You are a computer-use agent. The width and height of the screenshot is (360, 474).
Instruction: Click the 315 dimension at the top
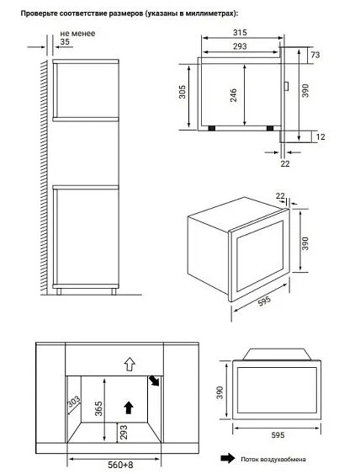click(240, 32)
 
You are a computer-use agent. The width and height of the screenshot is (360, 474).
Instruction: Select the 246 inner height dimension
click(234, 95)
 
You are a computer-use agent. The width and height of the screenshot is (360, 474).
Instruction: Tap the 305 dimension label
click(183, 92)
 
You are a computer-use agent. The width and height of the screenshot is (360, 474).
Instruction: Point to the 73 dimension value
click(315, 55)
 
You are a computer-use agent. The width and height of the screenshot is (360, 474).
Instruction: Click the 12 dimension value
click(320, 137)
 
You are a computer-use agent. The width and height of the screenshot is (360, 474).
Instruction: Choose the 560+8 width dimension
click(120, 465)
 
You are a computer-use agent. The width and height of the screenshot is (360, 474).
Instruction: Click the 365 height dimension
click(98, 408)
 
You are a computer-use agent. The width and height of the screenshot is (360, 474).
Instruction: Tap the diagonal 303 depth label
click(74, 401)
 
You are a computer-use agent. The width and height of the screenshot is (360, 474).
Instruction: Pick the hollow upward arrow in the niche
click(130, 364)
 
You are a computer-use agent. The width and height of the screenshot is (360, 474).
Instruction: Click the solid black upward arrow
click(129, 407)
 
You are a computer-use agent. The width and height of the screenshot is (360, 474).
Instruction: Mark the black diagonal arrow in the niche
click(154, 381)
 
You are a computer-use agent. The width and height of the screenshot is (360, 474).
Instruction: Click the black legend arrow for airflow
click(227, 458)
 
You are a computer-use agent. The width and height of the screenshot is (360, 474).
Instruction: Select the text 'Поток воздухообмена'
click(273, 460)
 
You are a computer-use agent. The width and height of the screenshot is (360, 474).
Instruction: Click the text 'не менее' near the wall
click(77, 33)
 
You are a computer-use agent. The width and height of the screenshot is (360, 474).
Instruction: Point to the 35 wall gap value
click(65, 42)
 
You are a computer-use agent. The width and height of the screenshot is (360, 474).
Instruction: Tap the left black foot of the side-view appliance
click(212, 128)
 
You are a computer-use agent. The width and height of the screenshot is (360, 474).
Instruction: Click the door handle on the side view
click(286, 86)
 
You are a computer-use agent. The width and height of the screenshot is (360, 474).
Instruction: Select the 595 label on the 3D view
click(264, 301)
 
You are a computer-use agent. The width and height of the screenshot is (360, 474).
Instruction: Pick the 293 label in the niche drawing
click(124, 432)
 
